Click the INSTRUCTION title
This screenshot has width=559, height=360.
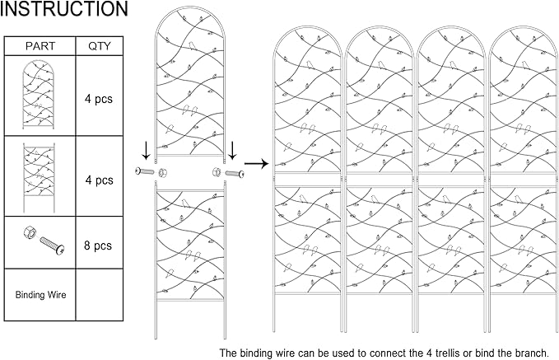pyautogui.click(x=64, y=8)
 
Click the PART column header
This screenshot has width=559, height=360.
pyautogui.click(x=40, y=46)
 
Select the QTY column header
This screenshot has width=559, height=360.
pyautogui.click(x=100, y=46)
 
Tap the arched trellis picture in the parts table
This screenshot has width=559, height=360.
pyautogui.click(x=39, y=95)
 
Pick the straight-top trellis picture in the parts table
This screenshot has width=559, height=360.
pyautogui.click(x=40, y=178)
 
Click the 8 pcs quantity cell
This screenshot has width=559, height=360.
pyautogui.click(x=98, y=245)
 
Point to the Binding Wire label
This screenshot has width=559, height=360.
pyautogui.click(x=40, y=295)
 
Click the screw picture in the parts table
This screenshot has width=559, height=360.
pyautogui.click(x=52, y=245)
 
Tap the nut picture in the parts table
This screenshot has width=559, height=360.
pyautogui.click(x=29, y=234)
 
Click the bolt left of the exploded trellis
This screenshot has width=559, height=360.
pyautogui.click(x=145, y=171)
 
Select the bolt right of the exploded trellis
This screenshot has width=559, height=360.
pyautogui.click(x=235, y=174)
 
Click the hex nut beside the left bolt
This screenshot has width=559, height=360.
pyautogui.click(x=162, y=173)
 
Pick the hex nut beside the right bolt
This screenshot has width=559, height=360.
pyautogui.click(x=217, y=171)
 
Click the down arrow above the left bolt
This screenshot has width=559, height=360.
pyautogui.click(x=147, y=151)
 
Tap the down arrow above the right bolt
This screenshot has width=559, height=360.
pyautogui.click(x=232, y=151)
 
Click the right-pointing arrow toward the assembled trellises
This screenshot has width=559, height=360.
pyautogui.click(x=257, y=164)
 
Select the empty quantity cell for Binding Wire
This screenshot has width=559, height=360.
pyautogui.click(x=100, y=295)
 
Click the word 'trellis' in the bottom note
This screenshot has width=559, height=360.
pyautogui.click(x=450, y=353)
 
